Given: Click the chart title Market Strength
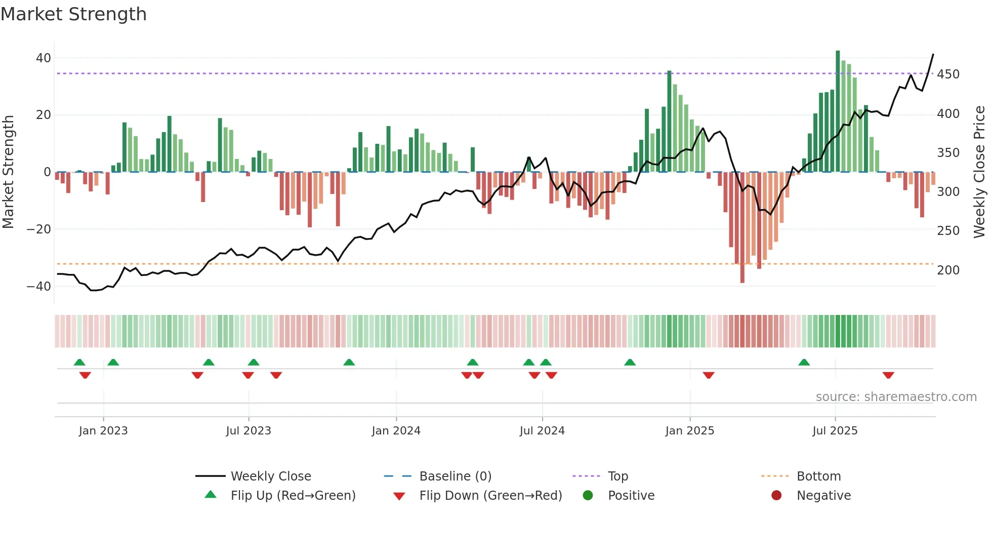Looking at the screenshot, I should pos(73,14).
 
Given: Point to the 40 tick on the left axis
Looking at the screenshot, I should pos(44,58).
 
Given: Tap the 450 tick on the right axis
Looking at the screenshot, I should pos(948,74).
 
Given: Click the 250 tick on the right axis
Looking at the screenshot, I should pos(948,231).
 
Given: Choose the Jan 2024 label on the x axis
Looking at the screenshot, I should pos(396,431).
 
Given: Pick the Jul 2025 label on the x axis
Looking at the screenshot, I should pos(835,431).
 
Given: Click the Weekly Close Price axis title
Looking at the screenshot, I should pos(979,172).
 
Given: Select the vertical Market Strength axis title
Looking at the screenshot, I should pos(8,172).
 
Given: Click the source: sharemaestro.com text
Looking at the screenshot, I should pos(896,397).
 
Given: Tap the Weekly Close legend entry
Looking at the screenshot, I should pos(270,476).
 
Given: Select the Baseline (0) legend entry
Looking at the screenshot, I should pos(455,476).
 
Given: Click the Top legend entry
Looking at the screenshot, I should pos(617,476).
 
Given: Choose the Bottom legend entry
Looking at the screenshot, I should pos(818,476).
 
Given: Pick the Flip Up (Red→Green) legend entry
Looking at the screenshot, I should pos(293,496).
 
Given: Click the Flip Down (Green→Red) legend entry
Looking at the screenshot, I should pos(490,496).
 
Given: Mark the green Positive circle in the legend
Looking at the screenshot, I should pos(588,496).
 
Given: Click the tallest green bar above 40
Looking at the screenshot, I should pos(838,111).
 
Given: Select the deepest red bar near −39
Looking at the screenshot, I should pos(742,228).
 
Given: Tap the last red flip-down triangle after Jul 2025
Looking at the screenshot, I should pos(888,375).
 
